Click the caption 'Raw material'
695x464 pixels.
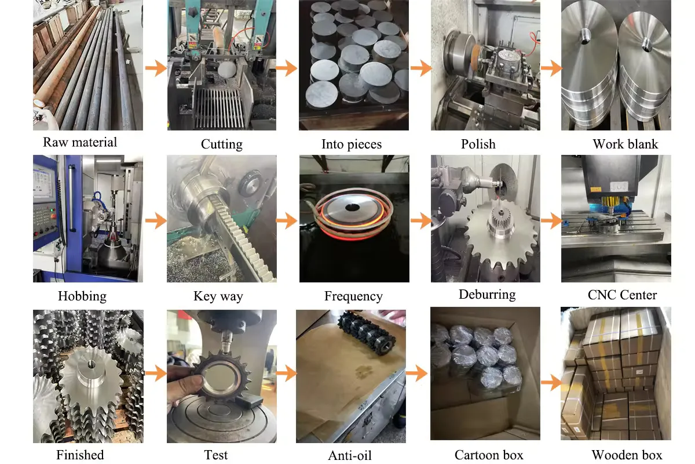pyautogui.click(x=80, y=142)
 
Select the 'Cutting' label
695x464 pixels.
pyautogui.click(x=221, y=144)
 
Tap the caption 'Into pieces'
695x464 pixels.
pyautogui.click(x=352, y=144)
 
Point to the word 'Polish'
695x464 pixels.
pyautogui.click(x=478, y=144)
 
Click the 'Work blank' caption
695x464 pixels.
pyautogui.click(x=625, y=144)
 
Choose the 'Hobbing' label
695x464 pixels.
pyautogui.click(x=82, y=296)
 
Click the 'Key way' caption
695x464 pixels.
pyautogui.click(x=218, y=296)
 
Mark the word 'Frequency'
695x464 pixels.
pyautogui.click(x=353, y=296)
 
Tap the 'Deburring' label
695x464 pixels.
pyautogui.click(x=487, y=294)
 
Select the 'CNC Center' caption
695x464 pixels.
pyautogui.click(x=622, y=295)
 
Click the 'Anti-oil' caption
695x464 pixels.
pyautogui.click(x=350, y=456)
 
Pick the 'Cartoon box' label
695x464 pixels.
pyautogui.click(x=489, y=455)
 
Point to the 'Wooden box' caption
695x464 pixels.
pyautogui.click(x=627, y=455)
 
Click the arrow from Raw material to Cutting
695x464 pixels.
pyautogui.click(x=156, y=68)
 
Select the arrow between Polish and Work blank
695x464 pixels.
pyautogui.click(x=551, y=68)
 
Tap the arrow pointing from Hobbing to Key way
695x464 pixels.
pyautogui.click(x=156, y=220)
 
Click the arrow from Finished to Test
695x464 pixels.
pyautogui.click(x=156, y=374)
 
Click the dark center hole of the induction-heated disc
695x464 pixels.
pyautogui.click(x=352, y=207)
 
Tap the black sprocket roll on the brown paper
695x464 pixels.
pyautogui.click(x=367, y=338)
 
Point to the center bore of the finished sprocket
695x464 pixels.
pyautogui.click(x=92, y=364)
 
